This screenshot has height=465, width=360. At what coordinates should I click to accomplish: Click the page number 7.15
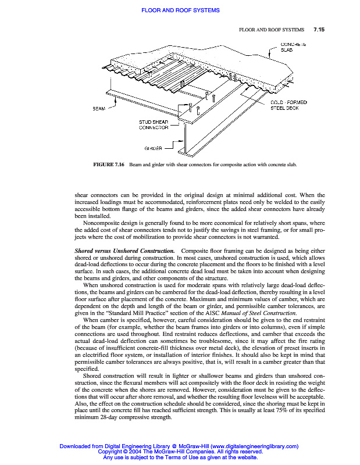coord(319,29)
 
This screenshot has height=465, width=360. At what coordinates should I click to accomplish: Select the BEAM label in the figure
coord(99,108)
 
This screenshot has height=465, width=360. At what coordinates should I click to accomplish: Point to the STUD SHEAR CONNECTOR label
coord(154,124)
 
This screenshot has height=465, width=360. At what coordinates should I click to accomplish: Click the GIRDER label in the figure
coord(152,149)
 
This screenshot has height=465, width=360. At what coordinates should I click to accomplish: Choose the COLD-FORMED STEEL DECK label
coord(289,105)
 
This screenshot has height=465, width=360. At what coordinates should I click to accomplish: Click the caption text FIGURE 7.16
coord(109,165)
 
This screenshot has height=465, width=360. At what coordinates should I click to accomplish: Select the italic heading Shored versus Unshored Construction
coord(124,250)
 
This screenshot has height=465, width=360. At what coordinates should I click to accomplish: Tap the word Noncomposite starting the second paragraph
coord(102,223)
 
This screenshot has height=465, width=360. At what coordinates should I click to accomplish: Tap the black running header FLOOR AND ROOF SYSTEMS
coord(272,29)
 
